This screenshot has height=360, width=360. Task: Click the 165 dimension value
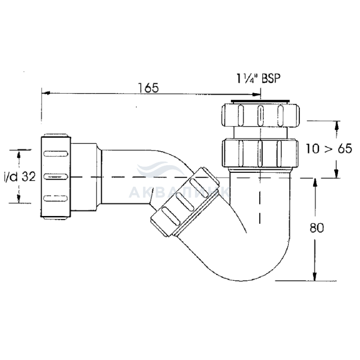148,88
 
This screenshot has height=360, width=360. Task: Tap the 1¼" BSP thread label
259,79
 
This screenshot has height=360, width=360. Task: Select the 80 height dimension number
317,228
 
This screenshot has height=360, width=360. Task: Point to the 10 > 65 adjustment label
329,149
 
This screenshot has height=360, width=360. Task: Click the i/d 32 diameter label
20,177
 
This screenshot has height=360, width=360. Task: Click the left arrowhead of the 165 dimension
46,93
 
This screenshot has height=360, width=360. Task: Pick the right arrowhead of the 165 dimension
256,94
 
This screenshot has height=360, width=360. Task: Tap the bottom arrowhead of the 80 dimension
315,276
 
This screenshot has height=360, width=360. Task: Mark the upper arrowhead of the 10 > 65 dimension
337,125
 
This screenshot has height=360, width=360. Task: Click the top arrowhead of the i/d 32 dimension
19,154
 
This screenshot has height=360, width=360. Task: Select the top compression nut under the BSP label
260,115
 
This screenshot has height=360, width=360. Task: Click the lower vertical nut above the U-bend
260,153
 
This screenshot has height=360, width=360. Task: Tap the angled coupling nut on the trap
185,202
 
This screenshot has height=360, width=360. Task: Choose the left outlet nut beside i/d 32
56,176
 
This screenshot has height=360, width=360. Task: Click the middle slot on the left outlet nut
56,176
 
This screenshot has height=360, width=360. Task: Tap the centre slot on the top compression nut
260,115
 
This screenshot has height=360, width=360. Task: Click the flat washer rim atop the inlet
260,101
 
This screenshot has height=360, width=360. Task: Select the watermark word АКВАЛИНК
179,192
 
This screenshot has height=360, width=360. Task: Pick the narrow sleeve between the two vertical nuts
260,133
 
